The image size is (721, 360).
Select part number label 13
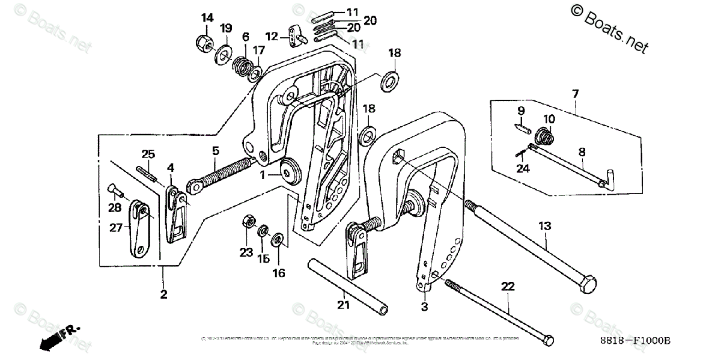pos(544,226)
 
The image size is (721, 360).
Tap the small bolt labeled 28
pos(115,191)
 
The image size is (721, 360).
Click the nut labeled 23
pos(246,221)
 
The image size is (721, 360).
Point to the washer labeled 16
pos(278,239)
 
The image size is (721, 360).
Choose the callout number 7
pos(575,94)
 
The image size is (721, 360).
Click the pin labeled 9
pos(520,129)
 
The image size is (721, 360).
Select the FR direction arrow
pos(58,337)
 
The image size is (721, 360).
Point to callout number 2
pos(163,294)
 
